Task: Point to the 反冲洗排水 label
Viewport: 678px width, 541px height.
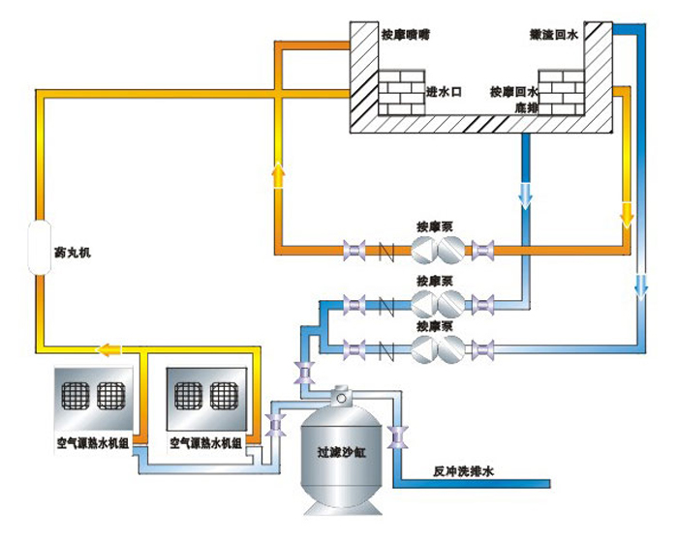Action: pos(463,473)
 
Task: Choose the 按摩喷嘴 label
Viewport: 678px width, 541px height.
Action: pos(405,34)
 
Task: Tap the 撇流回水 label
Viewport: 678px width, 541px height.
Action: pos(554,35)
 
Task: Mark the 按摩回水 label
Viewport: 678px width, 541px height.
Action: pos(510,92)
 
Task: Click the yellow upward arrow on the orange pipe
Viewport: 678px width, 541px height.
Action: pos(279,175)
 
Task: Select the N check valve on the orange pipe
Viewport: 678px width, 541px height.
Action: pos(385,253)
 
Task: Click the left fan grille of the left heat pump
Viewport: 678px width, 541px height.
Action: pos(75,396)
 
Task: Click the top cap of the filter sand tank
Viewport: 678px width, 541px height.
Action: pos(341,396)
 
